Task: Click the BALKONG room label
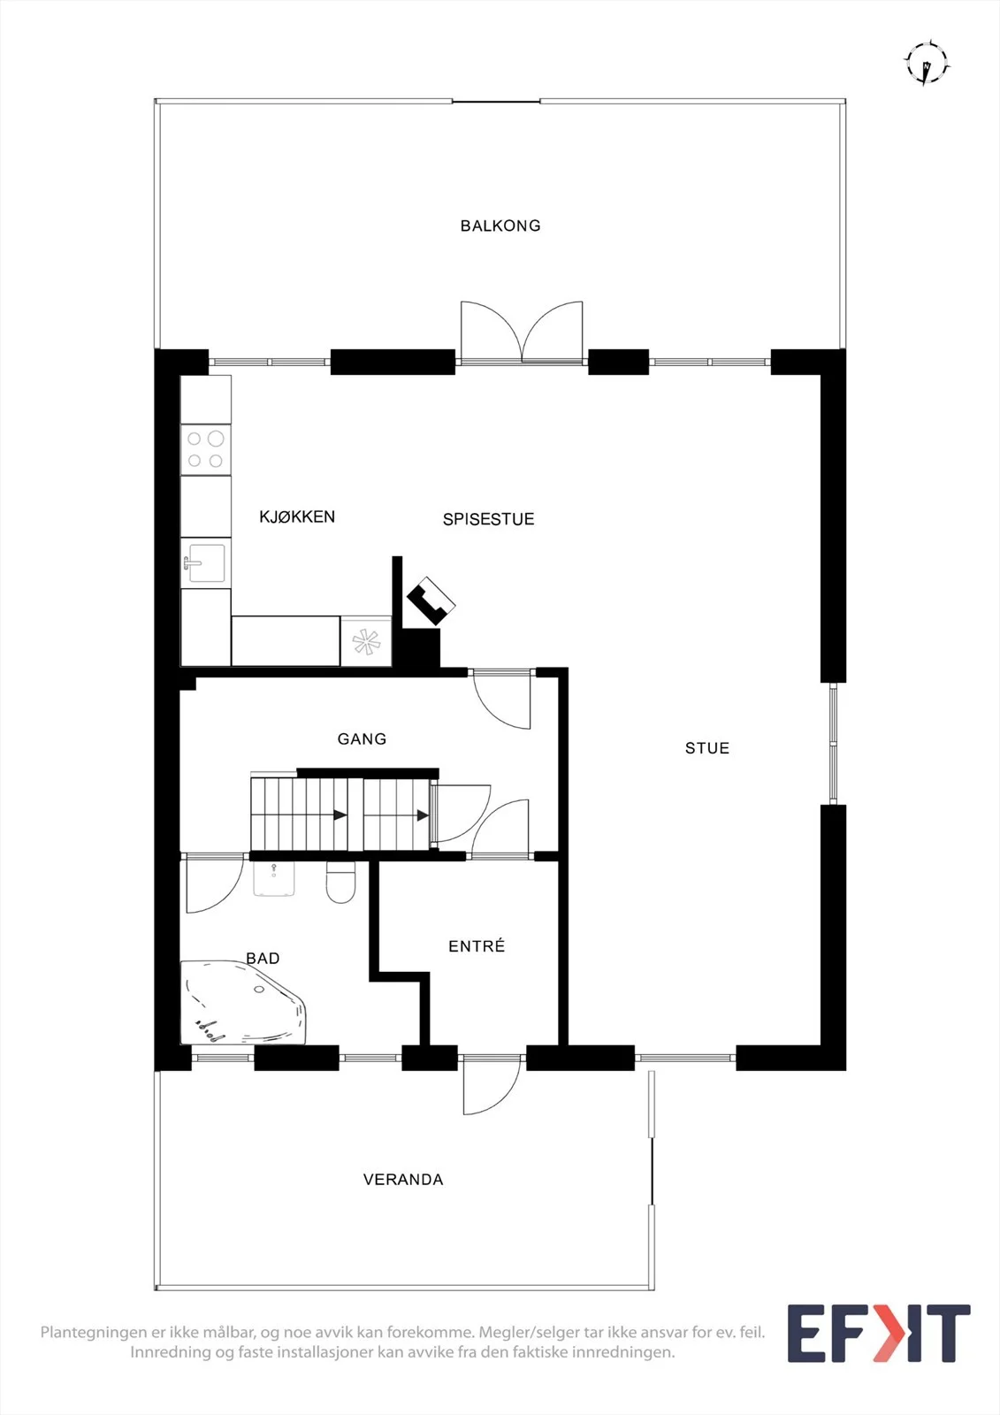click(500, 226)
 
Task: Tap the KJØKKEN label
click(297, 516)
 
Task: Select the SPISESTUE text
click(488, 519)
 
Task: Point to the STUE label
click(706, 748)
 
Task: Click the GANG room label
click(362, 738)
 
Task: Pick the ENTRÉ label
click(477, 945)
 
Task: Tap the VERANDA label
click(403, 1180)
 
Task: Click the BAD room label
click(263, 959)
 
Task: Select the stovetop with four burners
click(206, 450)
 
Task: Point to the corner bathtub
click(242, 1003)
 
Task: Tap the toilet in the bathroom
click(340, 883)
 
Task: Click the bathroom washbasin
click(274, 879)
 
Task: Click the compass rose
click(927, 63)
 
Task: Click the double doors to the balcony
click(522, 333)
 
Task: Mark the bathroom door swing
click(215, 884)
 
